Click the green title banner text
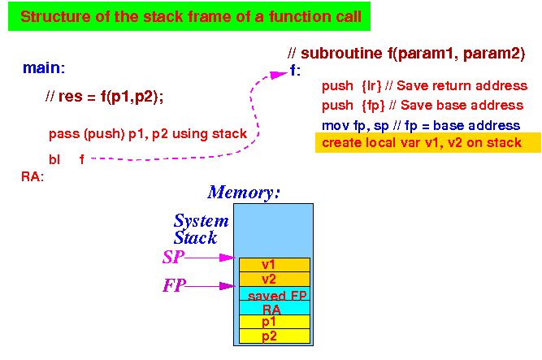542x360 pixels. (x=191, y=16)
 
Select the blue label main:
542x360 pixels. (x=44, y=67)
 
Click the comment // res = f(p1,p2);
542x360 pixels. (x=104, y=97)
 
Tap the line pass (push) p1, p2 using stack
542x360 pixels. (x=148, y=134)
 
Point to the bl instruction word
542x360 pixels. (x=54, y=160)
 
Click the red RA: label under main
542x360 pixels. (x=33, y=176)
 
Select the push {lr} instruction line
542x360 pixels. (x=424, y=86)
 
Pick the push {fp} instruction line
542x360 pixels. (x=423, y=106)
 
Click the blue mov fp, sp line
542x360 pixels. (x=421, y=125)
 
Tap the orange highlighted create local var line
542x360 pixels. (x=428, y=142)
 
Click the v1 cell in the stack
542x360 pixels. (x=275, y=265)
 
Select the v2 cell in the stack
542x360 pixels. (x=275, y=279)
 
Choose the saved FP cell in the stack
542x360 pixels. (x=275, y=293)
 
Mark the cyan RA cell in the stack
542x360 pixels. (x=275, y=308)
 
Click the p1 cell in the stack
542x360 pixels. (x=275, y=322)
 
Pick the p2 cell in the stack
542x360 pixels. (x=275, y=336)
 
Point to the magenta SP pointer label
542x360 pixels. (x=173, y=258)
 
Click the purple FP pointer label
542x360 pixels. (x=174, y=286)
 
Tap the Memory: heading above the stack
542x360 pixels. (x=243, y=193)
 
